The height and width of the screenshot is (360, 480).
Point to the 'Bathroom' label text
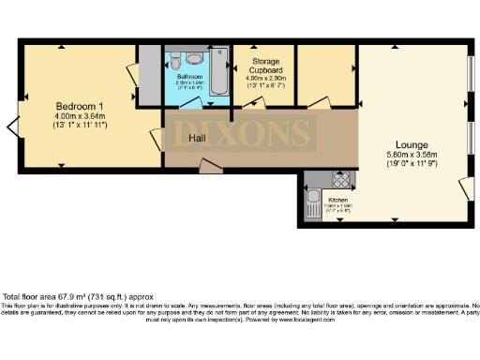[x=189, y=74]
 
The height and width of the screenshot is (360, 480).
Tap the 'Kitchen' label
[x=338, y=200]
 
